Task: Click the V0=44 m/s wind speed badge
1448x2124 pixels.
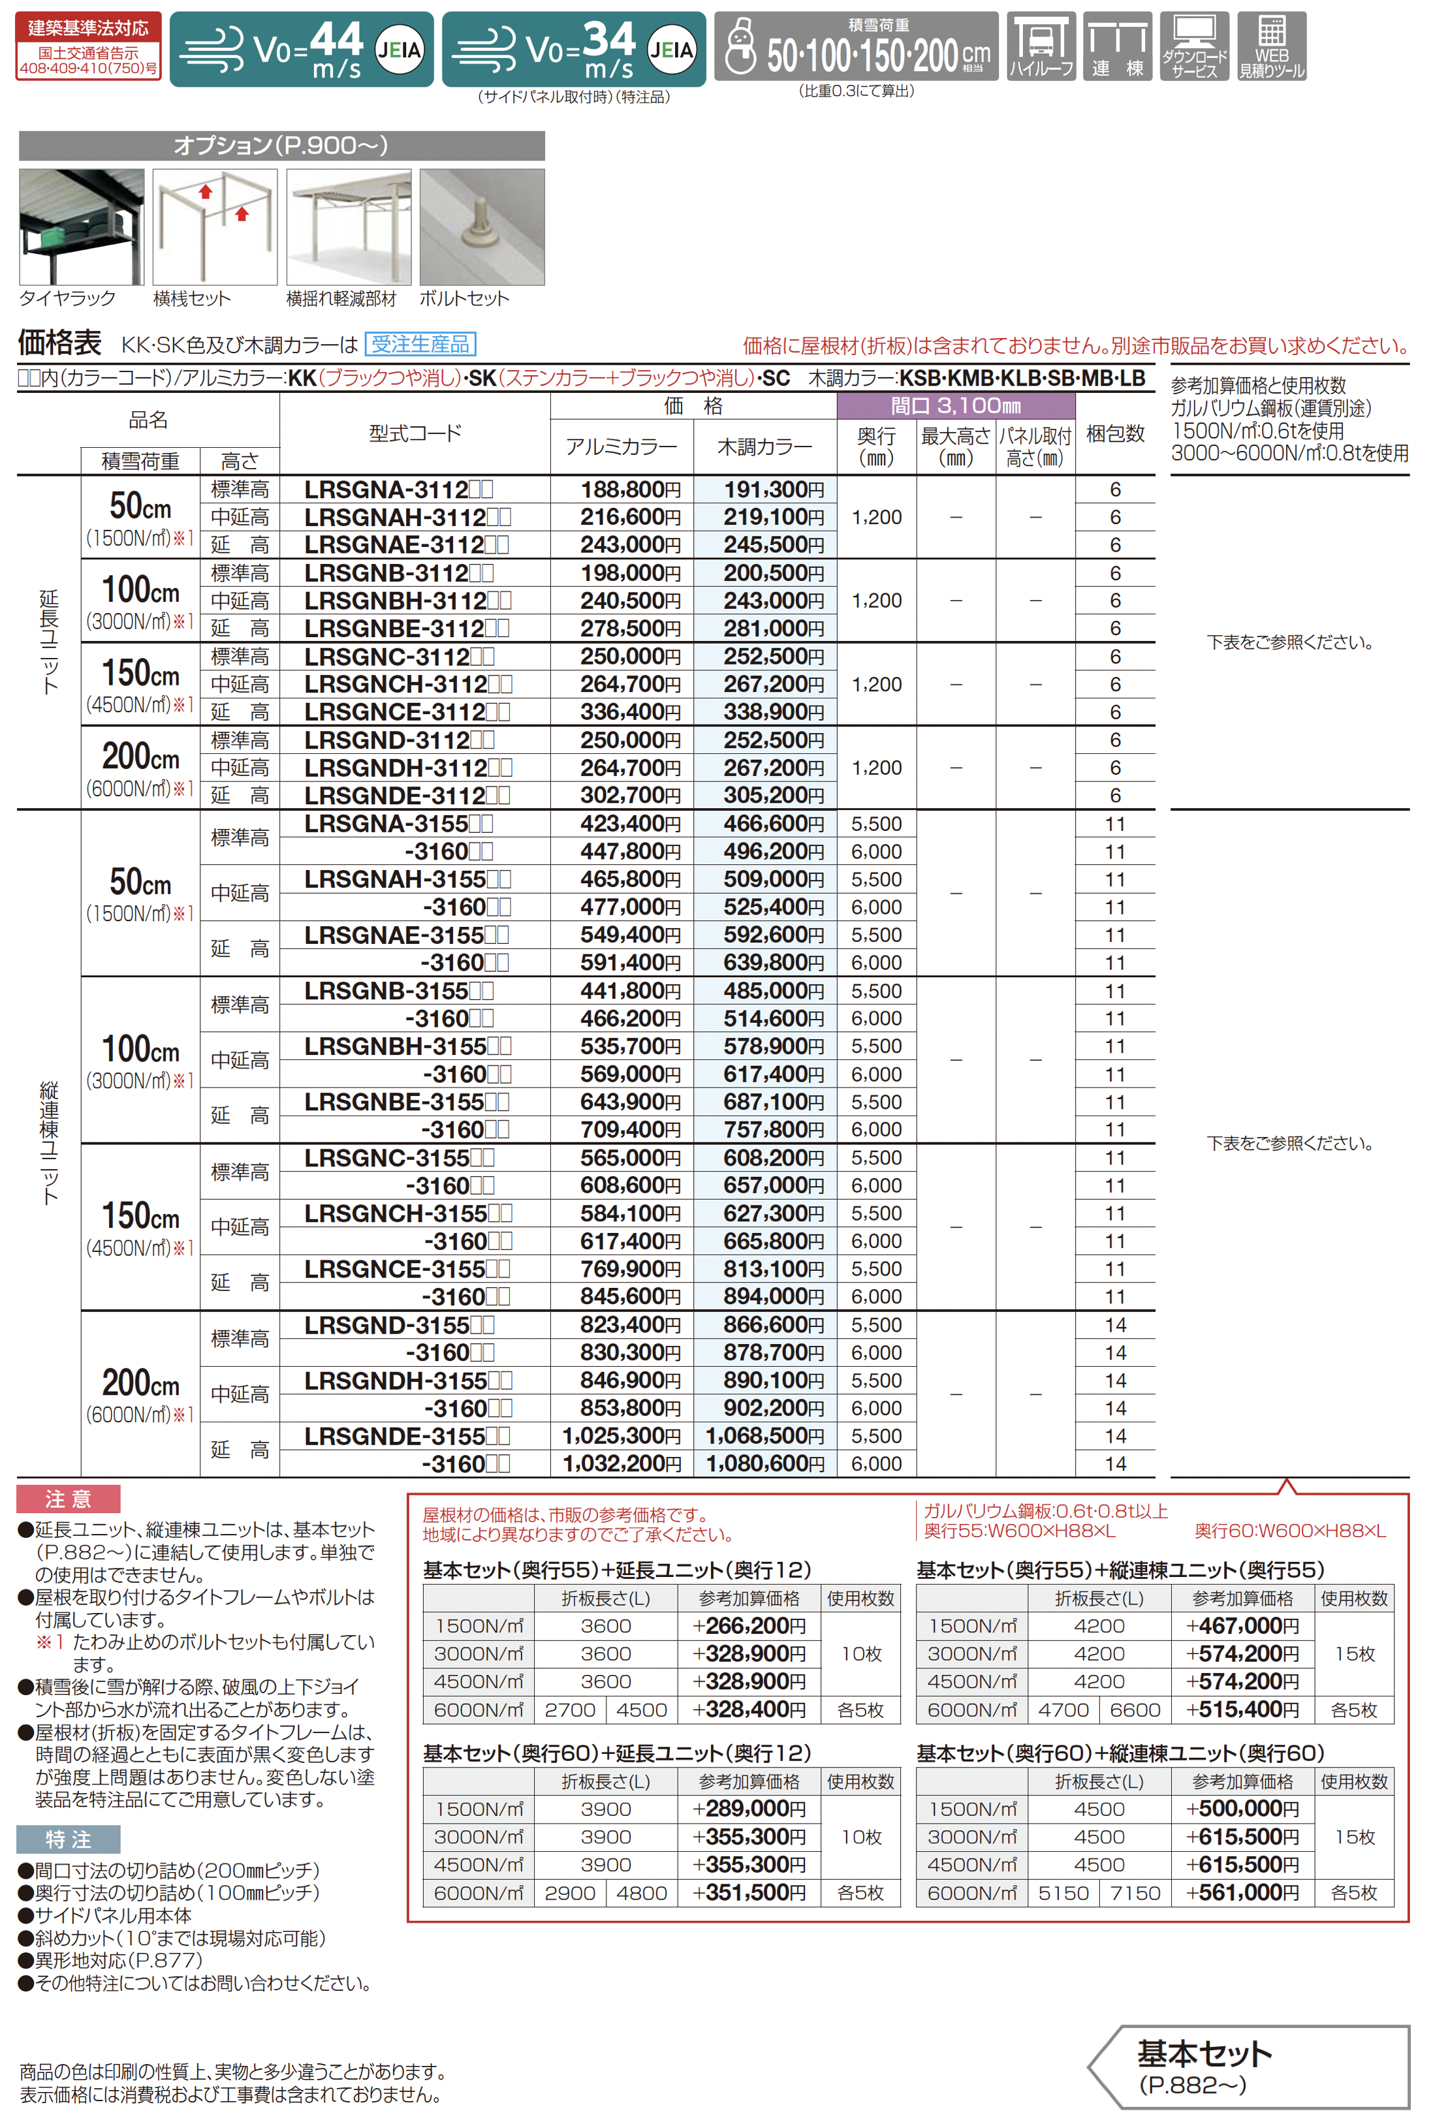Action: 301,50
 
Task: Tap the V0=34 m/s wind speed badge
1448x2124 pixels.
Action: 573,50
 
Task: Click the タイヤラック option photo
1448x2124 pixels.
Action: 82,226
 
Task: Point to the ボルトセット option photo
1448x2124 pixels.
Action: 482,226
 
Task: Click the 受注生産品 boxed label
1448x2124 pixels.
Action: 420,343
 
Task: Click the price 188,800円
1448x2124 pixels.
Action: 630,490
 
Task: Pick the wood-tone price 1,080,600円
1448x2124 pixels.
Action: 764,1463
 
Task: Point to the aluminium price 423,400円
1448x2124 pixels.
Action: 630,824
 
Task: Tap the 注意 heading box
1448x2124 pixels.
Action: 69,1499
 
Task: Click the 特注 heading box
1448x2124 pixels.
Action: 69,1839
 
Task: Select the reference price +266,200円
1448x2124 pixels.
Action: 749,1626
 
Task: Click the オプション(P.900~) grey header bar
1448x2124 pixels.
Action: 281,146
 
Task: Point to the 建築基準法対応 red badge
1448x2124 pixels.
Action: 89,46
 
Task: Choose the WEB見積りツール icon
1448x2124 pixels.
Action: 1272,46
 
